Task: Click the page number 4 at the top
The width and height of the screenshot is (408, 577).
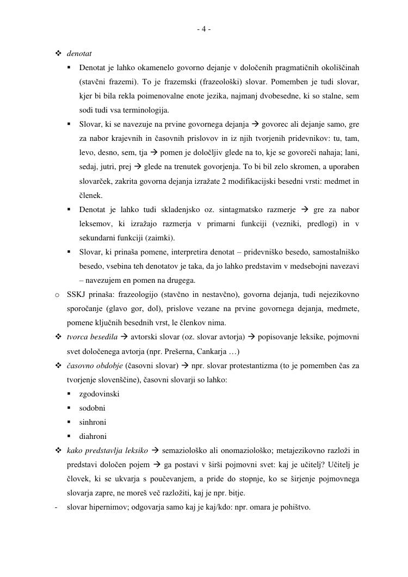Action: [203, 29]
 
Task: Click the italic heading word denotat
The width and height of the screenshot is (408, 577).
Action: [79, 54]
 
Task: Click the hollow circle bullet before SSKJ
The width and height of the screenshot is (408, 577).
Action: [57, 295]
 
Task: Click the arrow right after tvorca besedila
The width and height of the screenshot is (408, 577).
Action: [125, 337]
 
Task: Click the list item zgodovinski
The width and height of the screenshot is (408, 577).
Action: [99, 394]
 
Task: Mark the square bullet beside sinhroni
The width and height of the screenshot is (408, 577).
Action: [70, 422]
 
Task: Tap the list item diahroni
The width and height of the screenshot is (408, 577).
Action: [92, 436]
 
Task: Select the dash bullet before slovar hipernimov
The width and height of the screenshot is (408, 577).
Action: [57, 507]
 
